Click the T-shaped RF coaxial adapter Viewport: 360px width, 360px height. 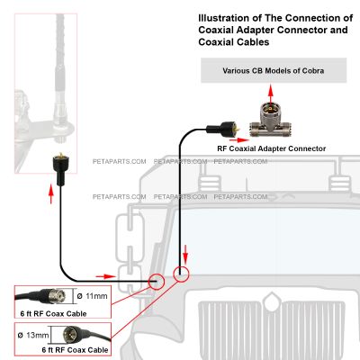point(271,120)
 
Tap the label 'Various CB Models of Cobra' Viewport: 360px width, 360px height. point(274,71)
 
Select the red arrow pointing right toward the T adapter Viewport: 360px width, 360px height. point(242,139)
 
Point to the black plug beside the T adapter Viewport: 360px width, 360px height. point(223,128)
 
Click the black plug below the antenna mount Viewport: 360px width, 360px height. point(60,169)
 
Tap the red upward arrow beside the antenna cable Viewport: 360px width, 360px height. point(51,194)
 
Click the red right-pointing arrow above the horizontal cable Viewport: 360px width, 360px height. point(105,276)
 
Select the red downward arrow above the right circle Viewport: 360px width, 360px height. point(185,255)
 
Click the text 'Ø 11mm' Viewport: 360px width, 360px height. point(92,296)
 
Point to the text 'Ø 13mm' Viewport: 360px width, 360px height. point(33,335)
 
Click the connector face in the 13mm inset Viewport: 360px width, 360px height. point(70,334)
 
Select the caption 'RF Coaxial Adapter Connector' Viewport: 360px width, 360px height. point(271,148)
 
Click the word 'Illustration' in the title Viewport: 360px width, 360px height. point(224,18)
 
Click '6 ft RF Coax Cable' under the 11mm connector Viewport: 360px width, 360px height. point(53,314)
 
